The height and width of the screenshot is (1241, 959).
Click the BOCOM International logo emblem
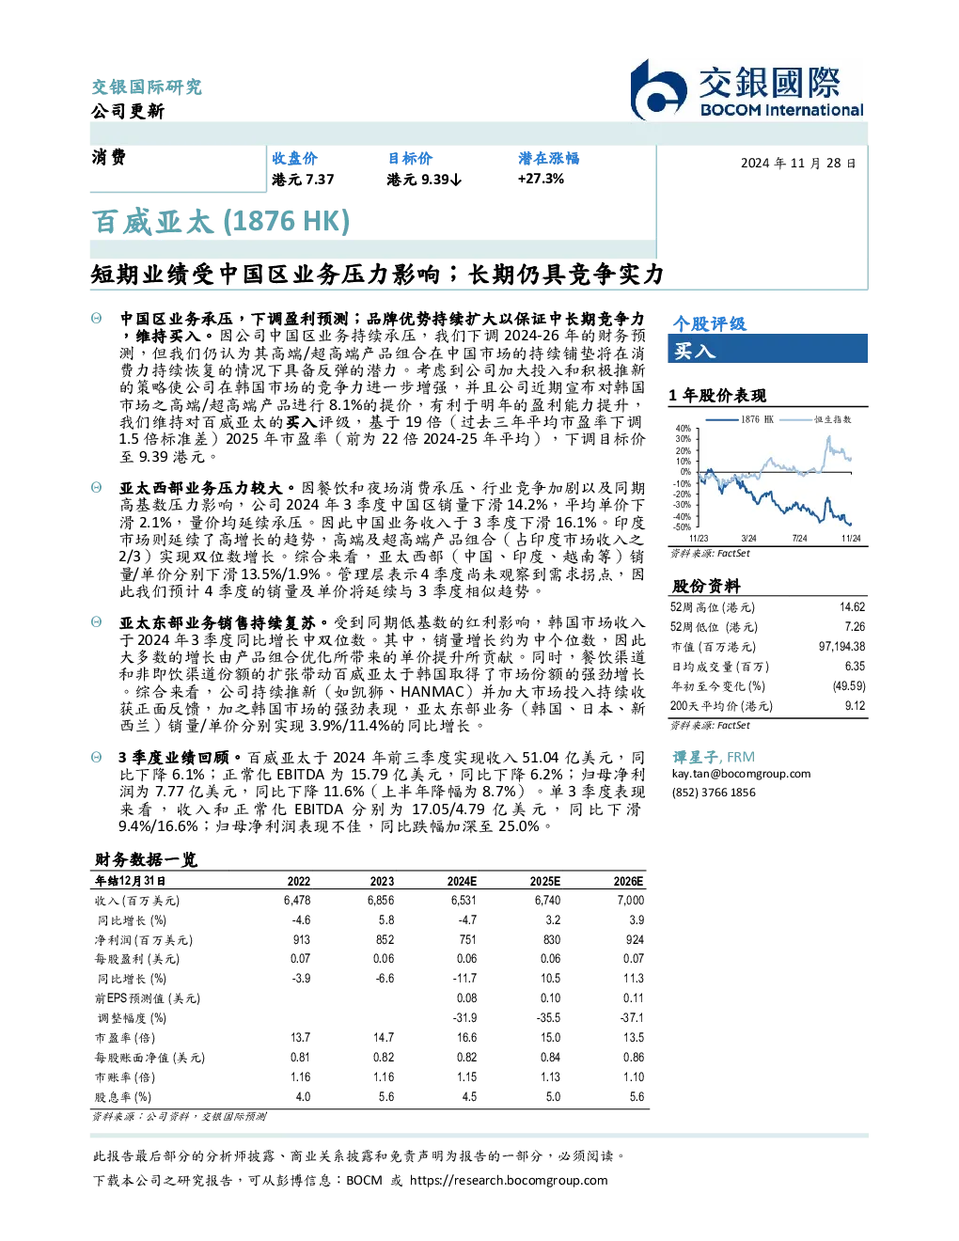658,90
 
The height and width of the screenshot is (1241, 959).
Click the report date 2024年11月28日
798,164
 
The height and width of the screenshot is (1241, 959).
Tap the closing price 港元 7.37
303,180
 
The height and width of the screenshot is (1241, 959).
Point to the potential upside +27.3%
541,179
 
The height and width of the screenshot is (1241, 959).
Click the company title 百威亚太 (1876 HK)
220,222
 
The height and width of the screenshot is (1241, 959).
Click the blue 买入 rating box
767,349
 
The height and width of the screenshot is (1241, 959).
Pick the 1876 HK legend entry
740,419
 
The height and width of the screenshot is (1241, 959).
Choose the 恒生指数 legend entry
816,419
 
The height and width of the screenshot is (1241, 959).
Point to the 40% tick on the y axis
684,429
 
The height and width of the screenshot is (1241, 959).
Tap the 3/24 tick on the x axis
748,539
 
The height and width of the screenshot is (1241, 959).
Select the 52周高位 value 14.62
852,607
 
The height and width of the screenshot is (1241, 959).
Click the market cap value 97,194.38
841,647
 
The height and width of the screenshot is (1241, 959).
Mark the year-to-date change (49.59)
849,686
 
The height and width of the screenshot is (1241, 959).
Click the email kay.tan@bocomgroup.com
741,774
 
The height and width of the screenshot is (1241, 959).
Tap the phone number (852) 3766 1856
714,793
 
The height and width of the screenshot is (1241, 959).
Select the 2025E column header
544,881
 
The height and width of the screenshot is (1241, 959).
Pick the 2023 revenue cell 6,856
381,901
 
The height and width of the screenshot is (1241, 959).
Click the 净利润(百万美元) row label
143,940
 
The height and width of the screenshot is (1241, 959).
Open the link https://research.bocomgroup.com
509,1181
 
